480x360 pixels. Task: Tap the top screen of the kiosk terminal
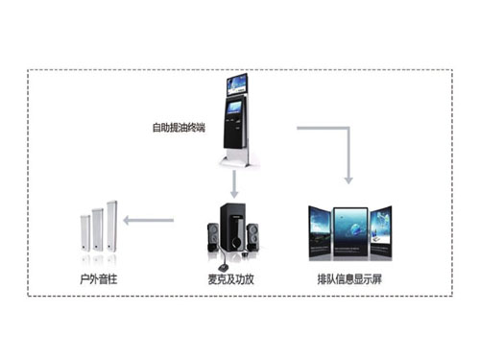tap(236, 84)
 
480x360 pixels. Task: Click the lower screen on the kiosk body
tap(235, 113)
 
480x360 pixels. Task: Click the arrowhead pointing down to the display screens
tap(348, 178)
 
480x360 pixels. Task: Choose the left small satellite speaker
tap(211, 237)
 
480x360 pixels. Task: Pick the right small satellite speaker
tap(252, 236)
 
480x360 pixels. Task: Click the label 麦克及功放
tap(229, 279)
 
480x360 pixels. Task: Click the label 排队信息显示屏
tap(349, 279)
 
